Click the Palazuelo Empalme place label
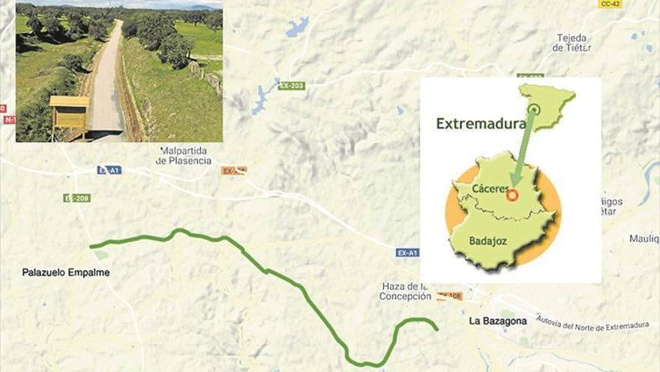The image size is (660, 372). tap(66, 273)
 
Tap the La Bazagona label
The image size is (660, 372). tap(498, 321)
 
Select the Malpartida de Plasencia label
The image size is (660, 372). tap(184, 156)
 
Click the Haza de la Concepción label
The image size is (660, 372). tap(405, 291)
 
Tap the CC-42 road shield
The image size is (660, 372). tap(610, 5)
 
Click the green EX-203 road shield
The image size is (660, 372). tap(292, 86)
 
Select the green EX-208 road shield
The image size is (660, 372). tap(76, 198)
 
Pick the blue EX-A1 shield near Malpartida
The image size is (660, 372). tap(109, 170)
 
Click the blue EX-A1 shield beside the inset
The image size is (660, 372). tap(407, 253)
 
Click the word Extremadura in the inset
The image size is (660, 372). tap(481, 123)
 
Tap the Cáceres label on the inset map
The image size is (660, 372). tap(491, 189)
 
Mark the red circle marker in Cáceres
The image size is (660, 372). tap(513, 195)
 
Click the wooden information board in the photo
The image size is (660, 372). tap(69, 113)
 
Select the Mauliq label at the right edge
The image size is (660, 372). tap(643, 238)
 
